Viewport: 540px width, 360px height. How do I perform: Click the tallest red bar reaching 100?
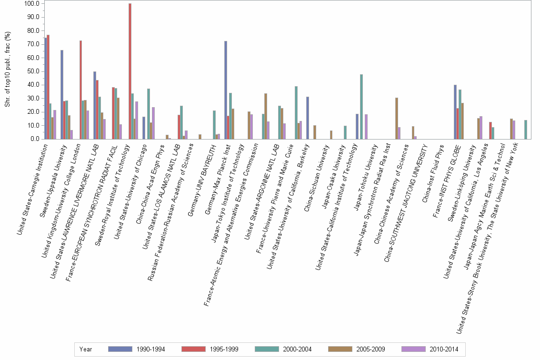[x=130, y=71]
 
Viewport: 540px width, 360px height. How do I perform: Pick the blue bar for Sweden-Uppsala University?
[x=62, y=95]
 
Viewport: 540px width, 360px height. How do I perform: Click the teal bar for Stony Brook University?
[x=525, y=130]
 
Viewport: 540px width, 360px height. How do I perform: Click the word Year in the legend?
[x=86, y=349]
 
